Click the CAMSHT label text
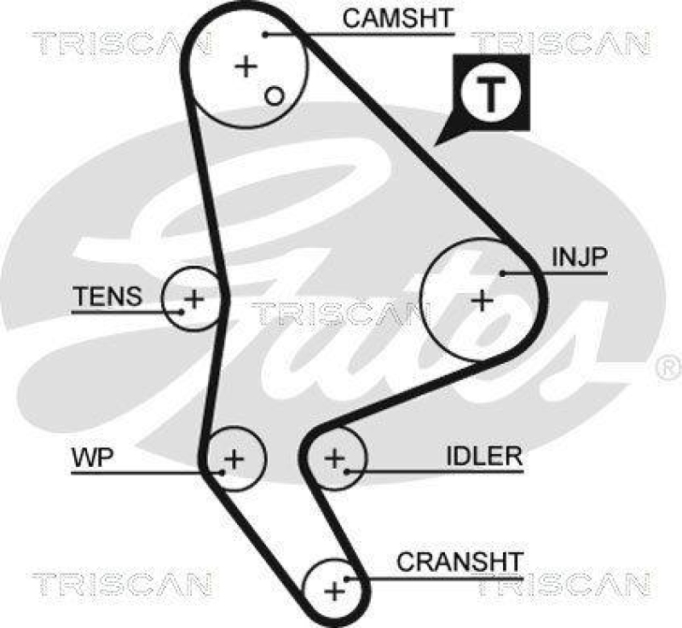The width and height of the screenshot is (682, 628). [x=397, y=18]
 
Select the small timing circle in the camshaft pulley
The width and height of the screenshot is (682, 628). [x=273, y=95]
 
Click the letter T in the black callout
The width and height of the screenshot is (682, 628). [x=491, y=94]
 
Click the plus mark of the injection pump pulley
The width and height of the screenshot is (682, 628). [x=483, y=300]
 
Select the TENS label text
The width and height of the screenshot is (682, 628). [x=107, y=297]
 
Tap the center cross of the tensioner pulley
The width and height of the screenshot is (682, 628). [x=194, y=299]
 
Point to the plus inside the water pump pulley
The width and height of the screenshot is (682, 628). [x=234, y=460]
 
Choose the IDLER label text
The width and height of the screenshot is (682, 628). [x=483, y=456]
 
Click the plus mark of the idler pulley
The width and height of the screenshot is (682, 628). [x=335, y=459]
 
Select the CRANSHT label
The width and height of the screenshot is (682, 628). [x=459, y=562]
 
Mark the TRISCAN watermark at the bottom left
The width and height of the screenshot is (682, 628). [x=121, y=585]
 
